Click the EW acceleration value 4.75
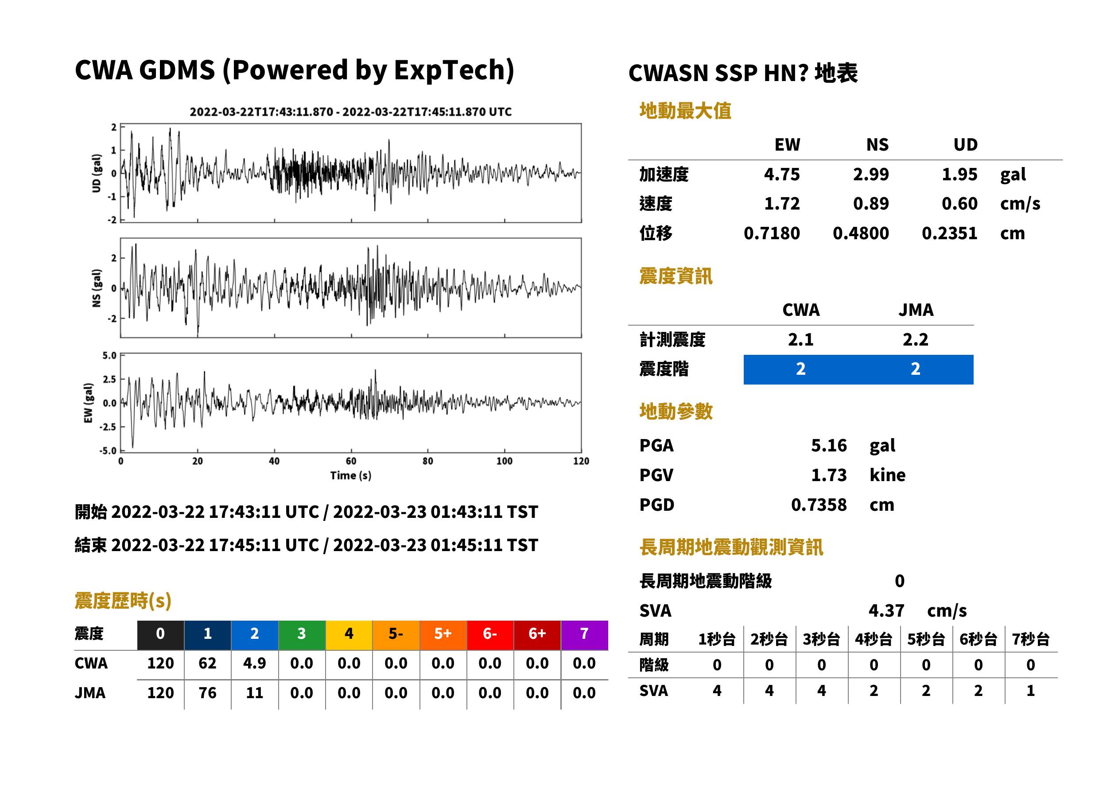pos(781,174)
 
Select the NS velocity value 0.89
pos(870,203)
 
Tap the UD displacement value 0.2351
pos(949,233)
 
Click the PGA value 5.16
pos(829,445)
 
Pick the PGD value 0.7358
pos(819,505)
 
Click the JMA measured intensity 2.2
pos(915,339)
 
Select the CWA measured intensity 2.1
pos(801,339)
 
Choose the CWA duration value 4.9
pos(255,663)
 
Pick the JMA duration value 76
pos(207,693)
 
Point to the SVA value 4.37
pos(886,610)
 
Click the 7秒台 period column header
pos(1030,639)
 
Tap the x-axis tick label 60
pos(351,461)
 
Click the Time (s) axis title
pos(351,476)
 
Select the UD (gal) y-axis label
pos(97,173)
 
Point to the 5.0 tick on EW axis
pos(109,356)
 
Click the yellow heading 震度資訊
pos(676,276)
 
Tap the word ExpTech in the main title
pos(450,70)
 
